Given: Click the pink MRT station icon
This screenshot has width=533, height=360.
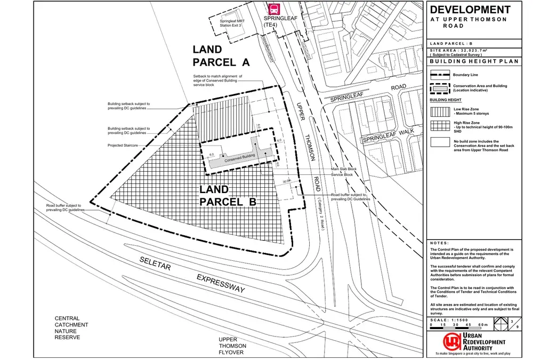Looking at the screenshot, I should (x=274, y=9).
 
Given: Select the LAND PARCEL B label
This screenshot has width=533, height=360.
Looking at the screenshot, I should (x=228, y=196).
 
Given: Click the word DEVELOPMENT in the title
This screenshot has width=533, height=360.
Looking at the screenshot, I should (x=470, y=10).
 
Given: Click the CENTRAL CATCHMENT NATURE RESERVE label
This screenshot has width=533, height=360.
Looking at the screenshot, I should (x=71, y=328).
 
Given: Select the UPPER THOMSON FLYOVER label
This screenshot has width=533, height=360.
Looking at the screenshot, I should (x=231, y=346).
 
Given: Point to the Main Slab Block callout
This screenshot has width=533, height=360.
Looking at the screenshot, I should (x=343, y=169).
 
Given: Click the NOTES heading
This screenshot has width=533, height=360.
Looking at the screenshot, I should (x=440, y=243).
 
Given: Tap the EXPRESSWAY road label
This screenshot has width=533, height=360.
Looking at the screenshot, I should (x=221, y=283).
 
